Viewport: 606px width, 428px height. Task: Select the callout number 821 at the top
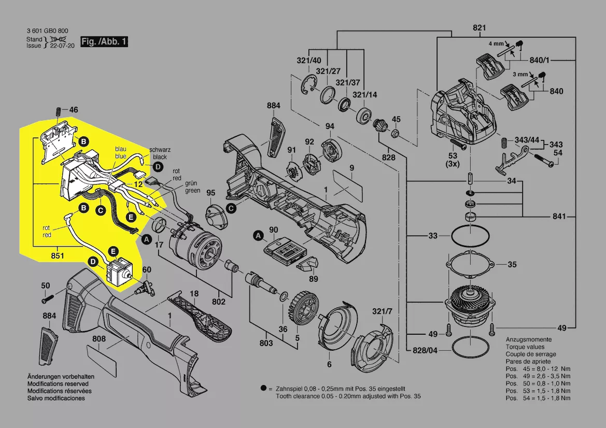click(x=479, y=27)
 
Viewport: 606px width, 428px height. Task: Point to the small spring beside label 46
click(x=58, y=111)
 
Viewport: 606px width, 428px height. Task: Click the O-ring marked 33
click(x=470, y=237)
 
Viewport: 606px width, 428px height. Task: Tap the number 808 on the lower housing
click(x=99, y=339)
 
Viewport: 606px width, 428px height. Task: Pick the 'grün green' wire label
click(x=192, y=187)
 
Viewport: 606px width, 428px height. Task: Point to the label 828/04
click(x=425, y=350)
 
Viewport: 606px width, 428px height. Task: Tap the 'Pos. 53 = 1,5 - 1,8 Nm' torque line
click(x=538, y=390)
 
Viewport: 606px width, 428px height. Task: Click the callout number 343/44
click(x=528, y=140)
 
